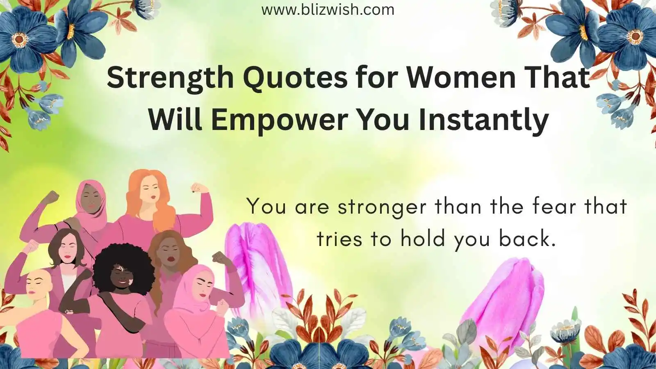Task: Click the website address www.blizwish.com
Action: pyautogui.click(x=328, y=10)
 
